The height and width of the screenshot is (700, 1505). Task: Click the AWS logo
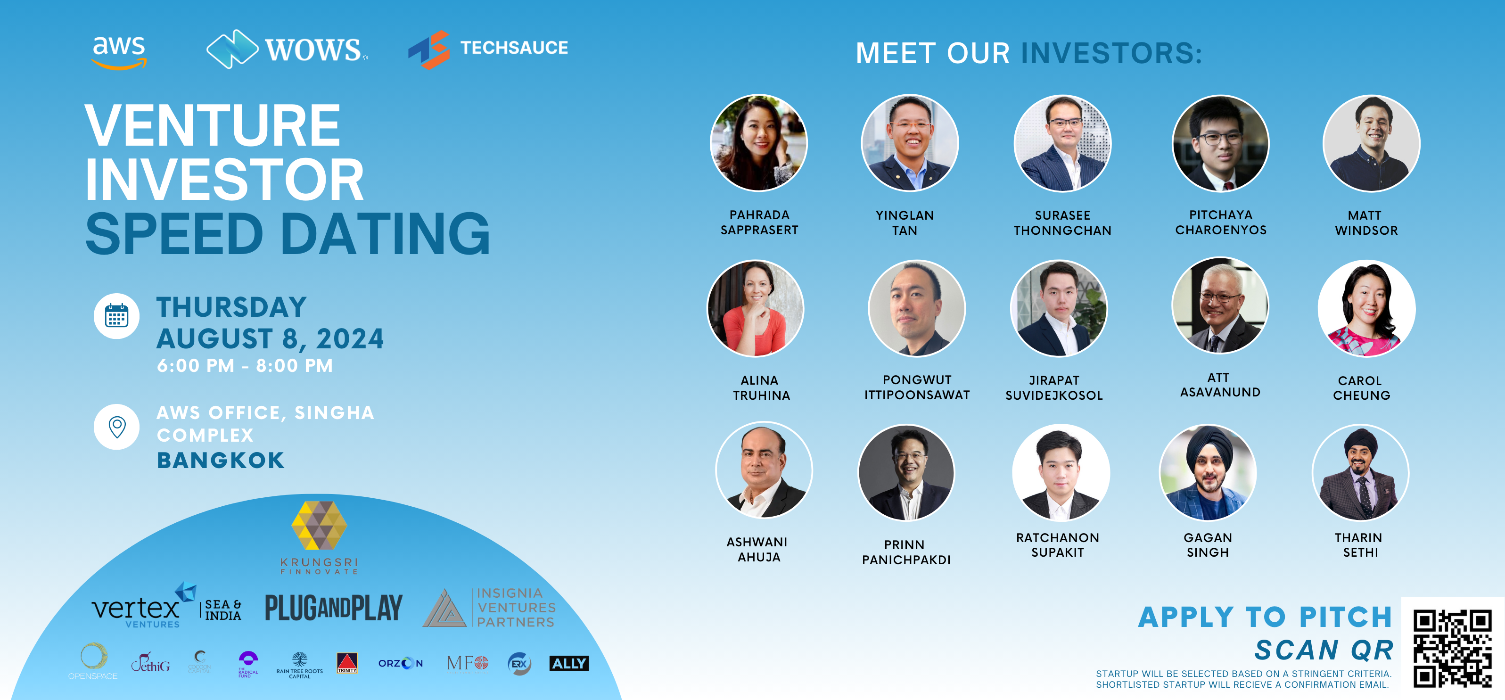(119, 51)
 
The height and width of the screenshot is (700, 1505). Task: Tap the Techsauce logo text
(514, 48)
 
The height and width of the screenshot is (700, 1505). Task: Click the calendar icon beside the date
(116, 316)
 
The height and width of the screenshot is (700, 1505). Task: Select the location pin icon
(117, 427)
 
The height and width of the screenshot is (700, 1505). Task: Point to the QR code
(1452, 648)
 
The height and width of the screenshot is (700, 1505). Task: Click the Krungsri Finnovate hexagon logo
(319, 526)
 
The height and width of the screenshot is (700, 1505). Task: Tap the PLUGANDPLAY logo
(334, 608)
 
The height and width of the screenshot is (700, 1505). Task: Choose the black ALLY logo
(569, 663)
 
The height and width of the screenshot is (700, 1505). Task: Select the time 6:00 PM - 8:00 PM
(245, 366)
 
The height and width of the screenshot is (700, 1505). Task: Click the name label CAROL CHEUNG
(1361, 388)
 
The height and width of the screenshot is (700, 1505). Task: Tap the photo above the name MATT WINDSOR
(1371, 144)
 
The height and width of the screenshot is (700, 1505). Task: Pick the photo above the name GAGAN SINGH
(1208, 472)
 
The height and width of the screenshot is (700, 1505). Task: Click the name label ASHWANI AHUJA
(758, 549)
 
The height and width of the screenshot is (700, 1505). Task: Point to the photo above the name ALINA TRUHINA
(756, 308)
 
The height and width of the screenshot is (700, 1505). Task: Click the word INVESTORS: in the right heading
(1111, 53)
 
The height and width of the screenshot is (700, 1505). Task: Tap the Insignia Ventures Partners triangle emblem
(444, 609)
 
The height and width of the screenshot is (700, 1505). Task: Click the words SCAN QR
(1324, 650)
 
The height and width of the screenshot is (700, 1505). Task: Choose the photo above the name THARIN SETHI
(1360, 473)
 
